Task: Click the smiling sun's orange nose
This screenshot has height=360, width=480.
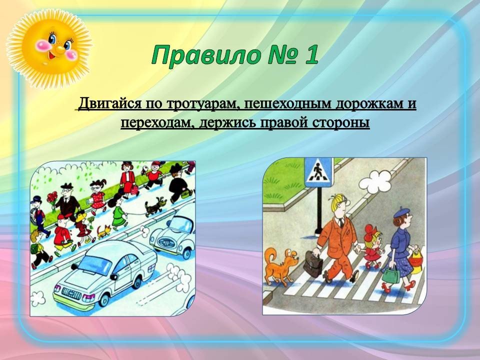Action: coord(59,48)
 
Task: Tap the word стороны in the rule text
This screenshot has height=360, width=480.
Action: coord(341,123)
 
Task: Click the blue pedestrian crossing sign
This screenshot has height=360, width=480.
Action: coord(318,172)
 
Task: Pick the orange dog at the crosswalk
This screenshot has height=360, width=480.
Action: coord(280,265)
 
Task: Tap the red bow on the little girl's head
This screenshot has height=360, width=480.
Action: coord(369,230)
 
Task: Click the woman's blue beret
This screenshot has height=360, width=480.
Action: coord(401,212)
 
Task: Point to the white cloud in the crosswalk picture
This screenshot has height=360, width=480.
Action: coord(375,182)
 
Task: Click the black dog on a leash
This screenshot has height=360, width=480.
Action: coord(155,206)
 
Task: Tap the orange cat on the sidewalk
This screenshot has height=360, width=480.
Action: coord(103,231)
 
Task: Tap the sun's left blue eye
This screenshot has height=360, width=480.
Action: coord(52,39)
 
